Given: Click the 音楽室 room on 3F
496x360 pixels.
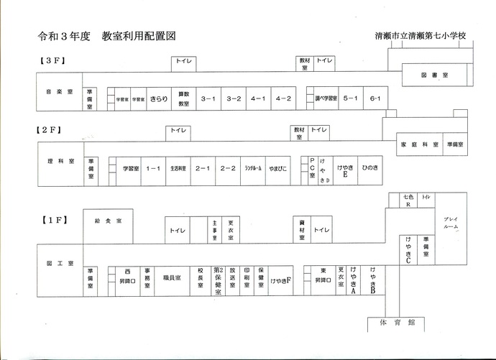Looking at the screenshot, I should tap(59, 93).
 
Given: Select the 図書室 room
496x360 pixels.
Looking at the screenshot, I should tap(434, 75).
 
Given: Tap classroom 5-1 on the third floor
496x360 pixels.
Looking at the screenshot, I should tap(351, 98).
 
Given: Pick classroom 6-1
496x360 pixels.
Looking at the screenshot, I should tap(375, 98).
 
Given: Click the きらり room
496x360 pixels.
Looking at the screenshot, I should tap(159, 99).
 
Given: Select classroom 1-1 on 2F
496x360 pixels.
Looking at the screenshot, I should tap(152, 168).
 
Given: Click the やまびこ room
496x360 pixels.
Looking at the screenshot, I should tap(277, 168).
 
